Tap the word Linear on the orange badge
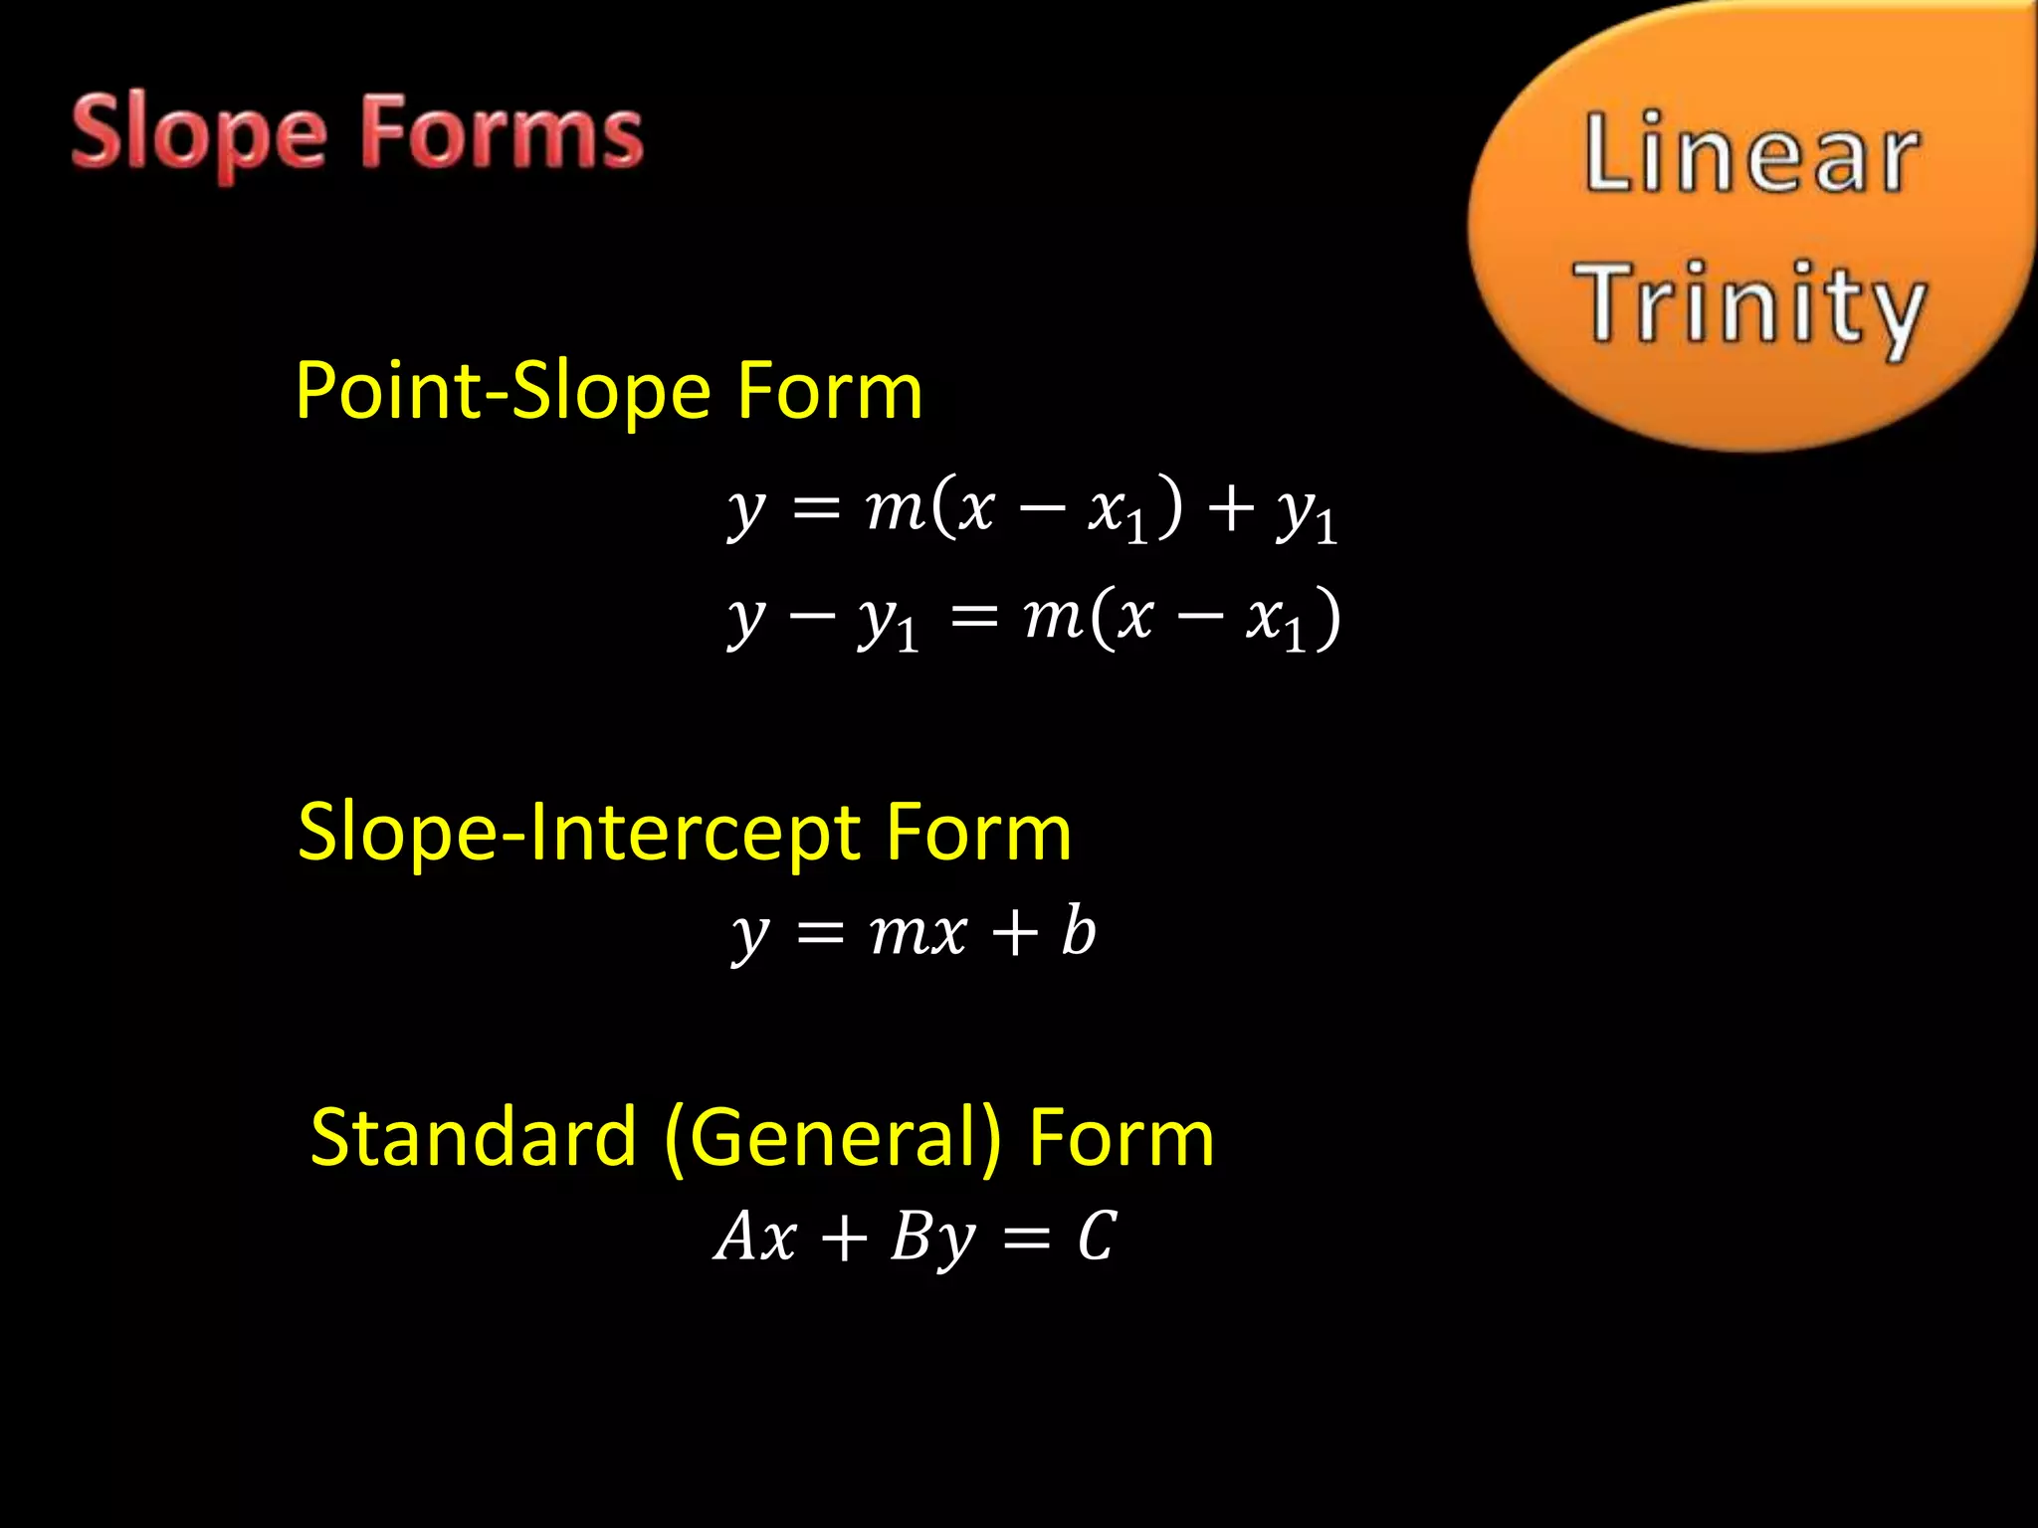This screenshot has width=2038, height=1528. point(1751,153)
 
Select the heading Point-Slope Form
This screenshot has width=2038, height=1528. point(609,391)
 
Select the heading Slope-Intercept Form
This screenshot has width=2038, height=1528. point(685,832)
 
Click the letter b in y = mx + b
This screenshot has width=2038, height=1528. point(1078,931)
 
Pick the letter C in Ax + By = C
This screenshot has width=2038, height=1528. point(1097,1237)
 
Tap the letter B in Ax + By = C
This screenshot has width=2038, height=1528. point(911,1237)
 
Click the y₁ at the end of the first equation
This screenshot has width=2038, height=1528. point(1307,513)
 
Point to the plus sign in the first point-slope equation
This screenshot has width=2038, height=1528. point(1230,508)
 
